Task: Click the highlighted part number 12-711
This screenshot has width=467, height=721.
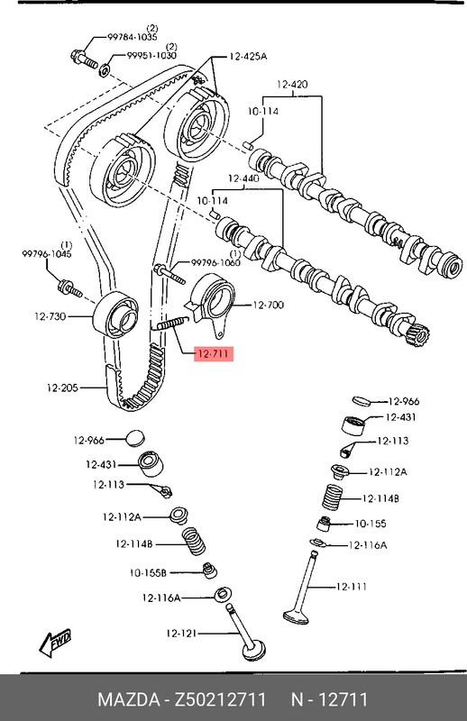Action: click(x=212, y=354)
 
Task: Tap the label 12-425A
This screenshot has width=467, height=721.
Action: click(x=248, y=56)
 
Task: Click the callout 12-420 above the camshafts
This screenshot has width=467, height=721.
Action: click(x=292, y=84)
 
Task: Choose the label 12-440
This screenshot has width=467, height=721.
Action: click(x=243, y=178)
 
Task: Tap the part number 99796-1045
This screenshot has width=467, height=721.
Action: click(x=46, y=255)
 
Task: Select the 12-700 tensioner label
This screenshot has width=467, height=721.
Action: click(x=268, y=306)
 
